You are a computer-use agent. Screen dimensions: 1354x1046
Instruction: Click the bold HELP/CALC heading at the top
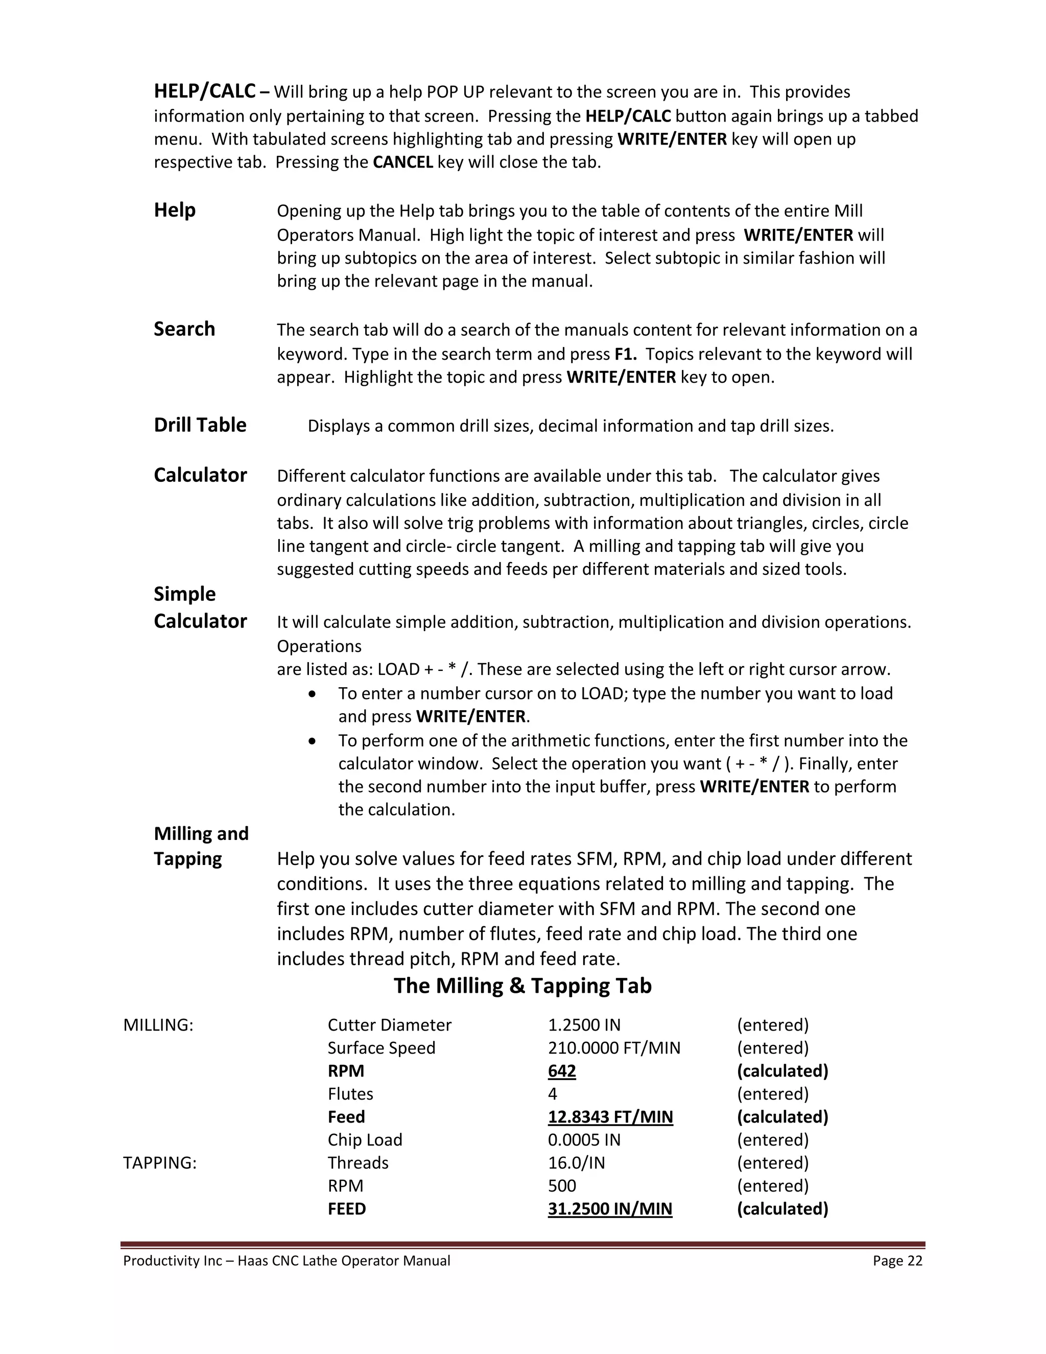[204, 91]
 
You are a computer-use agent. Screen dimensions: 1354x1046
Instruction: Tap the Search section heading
[184, 329]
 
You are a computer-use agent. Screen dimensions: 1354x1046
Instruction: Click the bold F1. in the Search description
[625, 354]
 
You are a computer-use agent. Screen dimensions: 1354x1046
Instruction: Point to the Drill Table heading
[200, 425]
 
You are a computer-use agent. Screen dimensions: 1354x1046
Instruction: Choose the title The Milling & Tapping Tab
[522, 985]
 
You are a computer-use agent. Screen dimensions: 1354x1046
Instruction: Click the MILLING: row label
[158, 1025]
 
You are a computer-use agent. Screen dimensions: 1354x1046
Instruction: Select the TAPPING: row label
[160, 1162]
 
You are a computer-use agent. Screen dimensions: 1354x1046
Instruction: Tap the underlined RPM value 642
[561, 1070]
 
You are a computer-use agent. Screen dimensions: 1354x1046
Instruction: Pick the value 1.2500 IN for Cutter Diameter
[584, 1025]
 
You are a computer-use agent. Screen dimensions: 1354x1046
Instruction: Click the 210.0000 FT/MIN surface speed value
[613, 1048]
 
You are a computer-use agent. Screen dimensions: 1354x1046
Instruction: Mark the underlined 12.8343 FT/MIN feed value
[610, 1116]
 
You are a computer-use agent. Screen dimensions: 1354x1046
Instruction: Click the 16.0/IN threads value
[576, 1162]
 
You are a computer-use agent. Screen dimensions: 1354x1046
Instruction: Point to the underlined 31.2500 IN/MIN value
[610, 1208]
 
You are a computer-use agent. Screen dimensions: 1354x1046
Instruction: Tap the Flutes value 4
[552, 1093]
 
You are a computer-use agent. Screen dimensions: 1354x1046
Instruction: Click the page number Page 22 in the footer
[897, 1260]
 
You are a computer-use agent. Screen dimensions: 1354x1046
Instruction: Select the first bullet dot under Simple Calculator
[312, 694]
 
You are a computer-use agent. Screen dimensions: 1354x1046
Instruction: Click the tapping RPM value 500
[561, 1185]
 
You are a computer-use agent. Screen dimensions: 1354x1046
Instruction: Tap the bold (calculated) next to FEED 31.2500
[782, 1208]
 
